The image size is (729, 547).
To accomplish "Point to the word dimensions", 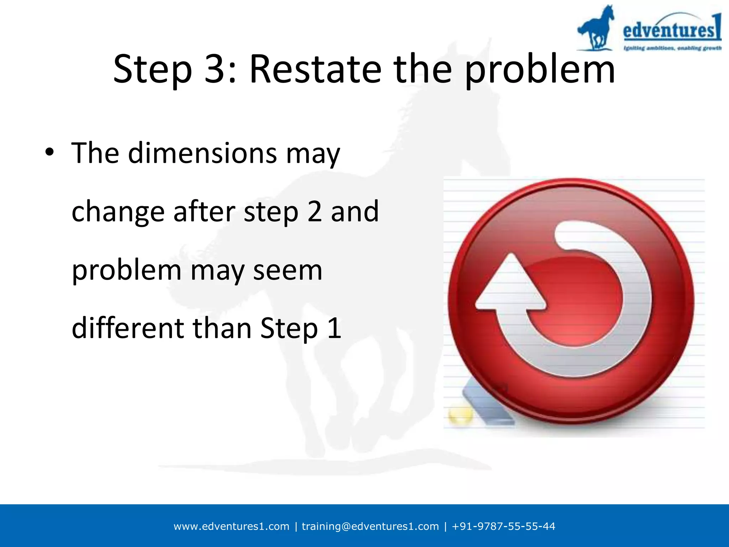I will coord(202,153).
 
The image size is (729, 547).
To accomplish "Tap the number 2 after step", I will coord(314,212).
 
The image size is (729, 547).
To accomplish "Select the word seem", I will coord(287,270).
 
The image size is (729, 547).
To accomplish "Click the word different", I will coord(127,328).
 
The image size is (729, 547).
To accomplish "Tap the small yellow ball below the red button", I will coord(460,415).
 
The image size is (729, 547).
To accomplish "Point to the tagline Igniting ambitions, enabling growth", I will coord(672,48).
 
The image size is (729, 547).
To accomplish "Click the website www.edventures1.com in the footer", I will coord(231,526).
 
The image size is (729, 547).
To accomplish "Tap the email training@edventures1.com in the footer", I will coord(370,526).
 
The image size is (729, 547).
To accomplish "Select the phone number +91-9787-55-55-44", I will coord(503,526).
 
